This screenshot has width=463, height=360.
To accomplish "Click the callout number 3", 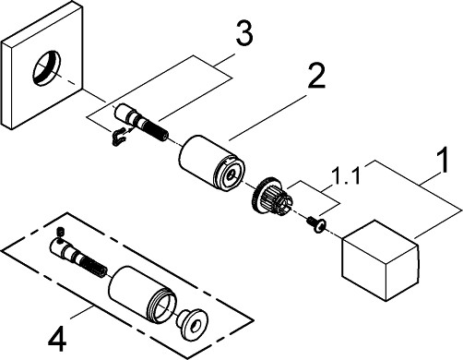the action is pos(244,33).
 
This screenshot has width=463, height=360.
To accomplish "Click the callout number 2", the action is pos(316,76).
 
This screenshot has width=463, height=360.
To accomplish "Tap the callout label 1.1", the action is pos(346,176).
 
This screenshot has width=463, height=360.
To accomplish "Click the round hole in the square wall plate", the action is pos(47,68).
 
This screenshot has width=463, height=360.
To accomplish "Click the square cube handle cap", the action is pos(380,259).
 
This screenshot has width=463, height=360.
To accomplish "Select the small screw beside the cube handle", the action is pos(315,224).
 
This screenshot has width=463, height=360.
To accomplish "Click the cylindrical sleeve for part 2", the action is pos(212,163).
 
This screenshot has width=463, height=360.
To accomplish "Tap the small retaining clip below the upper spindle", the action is pos(119,138).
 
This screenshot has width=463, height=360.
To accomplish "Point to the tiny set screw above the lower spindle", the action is pos(60,232).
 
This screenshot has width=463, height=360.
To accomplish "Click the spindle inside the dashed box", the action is pos(78,257).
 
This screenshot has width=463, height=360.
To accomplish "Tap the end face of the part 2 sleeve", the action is pos(230,174).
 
